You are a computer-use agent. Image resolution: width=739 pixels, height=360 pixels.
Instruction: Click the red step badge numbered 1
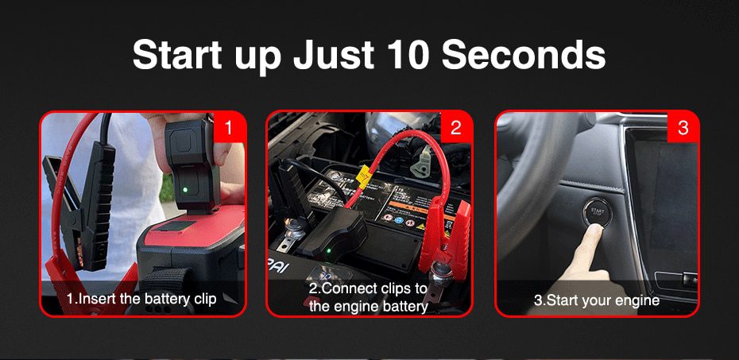click(229, 128)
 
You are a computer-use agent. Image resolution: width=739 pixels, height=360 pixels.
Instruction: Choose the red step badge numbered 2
click(455, 128)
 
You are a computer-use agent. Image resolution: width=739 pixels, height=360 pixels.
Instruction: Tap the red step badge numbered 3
click(683, 128)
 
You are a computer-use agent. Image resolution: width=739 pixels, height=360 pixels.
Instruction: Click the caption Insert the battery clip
click(141, 300)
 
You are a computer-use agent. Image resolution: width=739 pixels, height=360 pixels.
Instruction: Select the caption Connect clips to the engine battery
click(368, 297)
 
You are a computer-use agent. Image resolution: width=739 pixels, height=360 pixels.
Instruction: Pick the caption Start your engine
click(597, 300)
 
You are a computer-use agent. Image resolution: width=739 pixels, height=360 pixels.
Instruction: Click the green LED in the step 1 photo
click(184, 190)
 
